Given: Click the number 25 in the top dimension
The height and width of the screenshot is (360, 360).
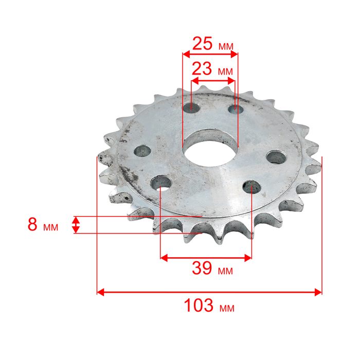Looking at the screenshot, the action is coord(202,44).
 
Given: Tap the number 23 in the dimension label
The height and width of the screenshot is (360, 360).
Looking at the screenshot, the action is coord(202,68).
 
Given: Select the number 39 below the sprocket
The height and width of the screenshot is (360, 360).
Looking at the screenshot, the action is coord(202,268).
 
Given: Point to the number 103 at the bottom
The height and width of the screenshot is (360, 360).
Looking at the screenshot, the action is coord(199,305).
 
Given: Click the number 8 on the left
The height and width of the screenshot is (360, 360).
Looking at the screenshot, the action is coord(32,224).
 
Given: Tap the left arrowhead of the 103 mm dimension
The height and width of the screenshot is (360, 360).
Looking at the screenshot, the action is coord(101,292).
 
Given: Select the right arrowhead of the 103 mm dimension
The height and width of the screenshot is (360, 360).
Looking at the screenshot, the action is coord(318,292).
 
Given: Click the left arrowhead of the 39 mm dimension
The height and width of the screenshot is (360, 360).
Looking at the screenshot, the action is coord(164,258).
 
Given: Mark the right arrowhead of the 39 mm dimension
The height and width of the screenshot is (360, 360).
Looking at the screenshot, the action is coord(248,258).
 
